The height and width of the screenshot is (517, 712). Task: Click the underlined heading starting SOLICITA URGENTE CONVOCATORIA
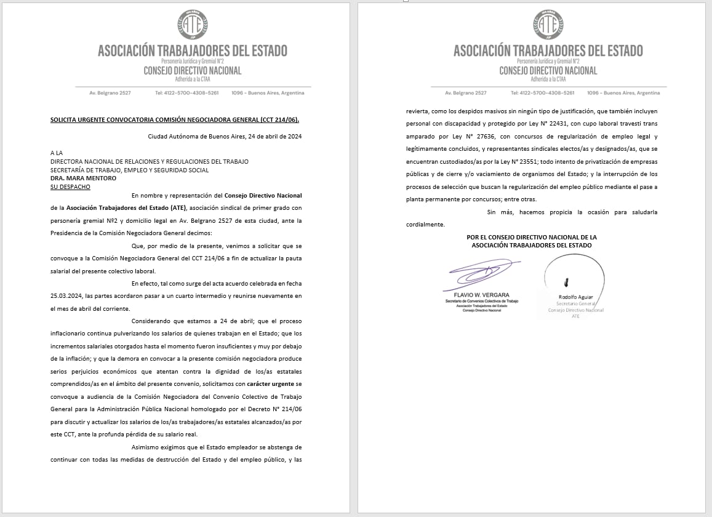[175, 119]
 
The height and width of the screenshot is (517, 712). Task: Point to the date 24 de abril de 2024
[271, 137]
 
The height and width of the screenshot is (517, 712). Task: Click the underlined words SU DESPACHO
[70, 186]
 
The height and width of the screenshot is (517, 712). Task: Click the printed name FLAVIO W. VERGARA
[476, 295]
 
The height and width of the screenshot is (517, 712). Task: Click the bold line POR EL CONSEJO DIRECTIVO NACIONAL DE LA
[532, 237]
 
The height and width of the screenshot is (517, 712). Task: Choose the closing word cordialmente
[425, 225]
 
